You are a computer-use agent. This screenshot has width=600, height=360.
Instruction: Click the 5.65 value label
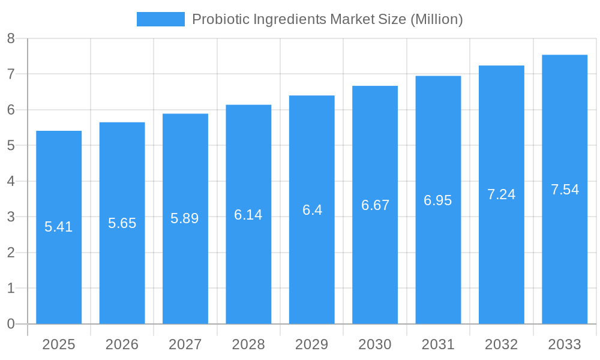(x=122, y=223)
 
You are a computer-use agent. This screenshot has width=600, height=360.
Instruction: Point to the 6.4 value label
(x=312, y=210)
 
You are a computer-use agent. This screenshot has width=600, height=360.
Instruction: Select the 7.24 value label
(x=501, y=194)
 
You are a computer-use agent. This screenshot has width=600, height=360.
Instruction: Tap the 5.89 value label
(x=185, y=218)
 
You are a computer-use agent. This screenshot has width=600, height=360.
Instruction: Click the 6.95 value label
(x=438, y=200)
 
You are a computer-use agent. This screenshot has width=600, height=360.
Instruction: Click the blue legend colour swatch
(x=160, y=19)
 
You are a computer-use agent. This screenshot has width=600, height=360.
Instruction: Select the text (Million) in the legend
(x=436, y=19)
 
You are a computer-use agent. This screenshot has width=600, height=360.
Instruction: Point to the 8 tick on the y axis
(x=11, y=38)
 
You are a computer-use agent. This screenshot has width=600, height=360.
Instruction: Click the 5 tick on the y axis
(x=11, y=145)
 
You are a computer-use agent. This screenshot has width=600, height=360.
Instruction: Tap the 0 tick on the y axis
(x=11, y=324)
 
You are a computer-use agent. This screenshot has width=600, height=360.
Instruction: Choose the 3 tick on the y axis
(x=11, y=217)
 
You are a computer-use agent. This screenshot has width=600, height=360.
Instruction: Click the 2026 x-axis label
(x=122, y=344)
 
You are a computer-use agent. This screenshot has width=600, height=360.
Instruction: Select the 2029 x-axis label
(x=311, y=344)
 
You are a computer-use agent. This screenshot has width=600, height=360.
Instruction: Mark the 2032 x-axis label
(x=501, y=344)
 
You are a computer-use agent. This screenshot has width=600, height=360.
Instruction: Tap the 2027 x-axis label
(x=185, y=344)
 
